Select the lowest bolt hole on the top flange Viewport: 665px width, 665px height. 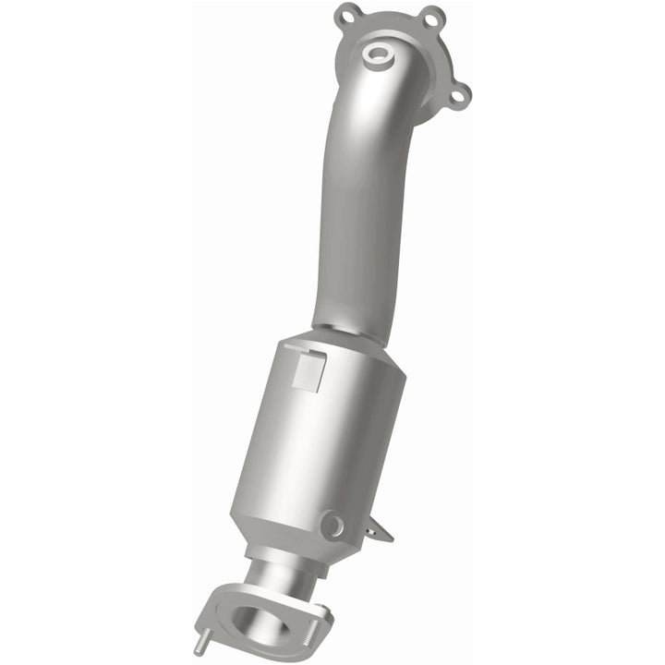coord(461,92)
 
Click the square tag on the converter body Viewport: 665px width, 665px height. coord(307,372)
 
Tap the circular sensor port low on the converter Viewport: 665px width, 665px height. coord(332,526)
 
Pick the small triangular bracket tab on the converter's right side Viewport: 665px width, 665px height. coord(376,530)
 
